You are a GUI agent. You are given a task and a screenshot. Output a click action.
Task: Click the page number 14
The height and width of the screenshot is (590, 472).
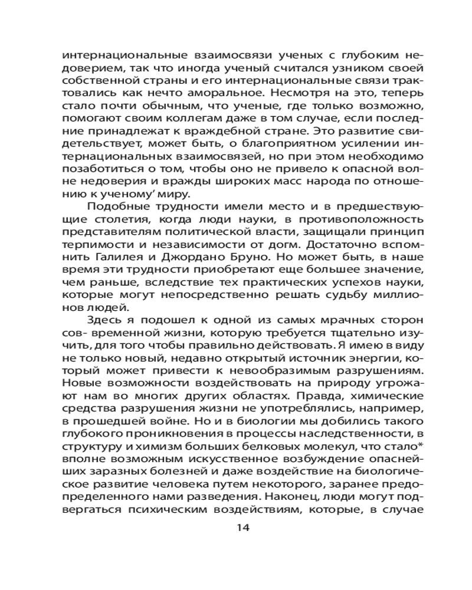click(242, 527)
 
